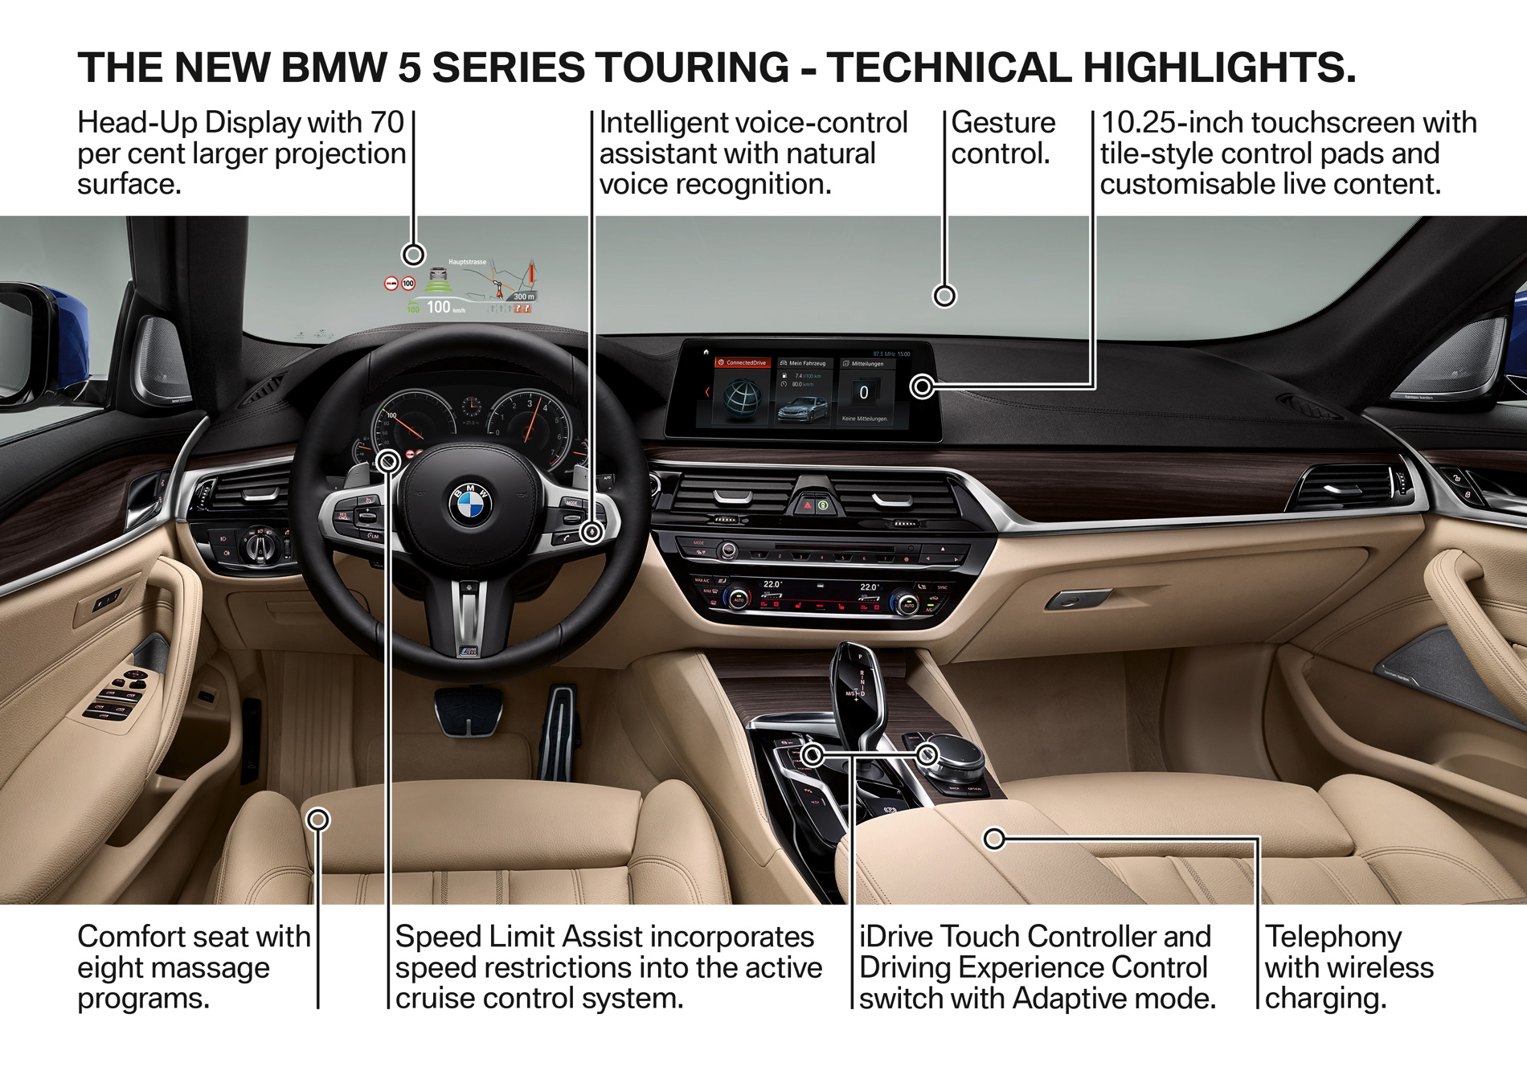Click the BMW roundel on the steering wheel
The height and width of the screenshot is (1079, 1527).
pos(470,505)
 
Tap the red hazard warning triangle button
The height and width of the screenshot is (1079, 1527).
pos(805,506)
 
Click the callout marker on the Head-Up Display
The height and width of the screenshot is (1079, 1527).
pos(413,255)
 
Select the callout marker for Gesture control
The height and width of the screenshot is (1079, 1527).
pos(944,296)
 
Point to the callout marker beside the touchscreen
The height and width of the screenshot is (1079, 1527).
pos(922,386)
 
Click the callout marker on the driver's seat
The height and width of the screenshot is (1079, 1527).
pos(318,819)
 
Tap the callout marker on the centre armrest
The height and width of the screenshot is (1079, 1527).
pos(994,839)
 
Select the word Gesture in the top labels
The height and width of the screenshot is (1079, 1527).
pos(1003,123)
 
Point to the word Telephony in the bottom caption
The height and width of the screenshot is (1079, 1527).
pos(1333,937)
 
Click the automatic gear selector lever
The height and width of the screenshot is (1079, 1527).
pos(859,679)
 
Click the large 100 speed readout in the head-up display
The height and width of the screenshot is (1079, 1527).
pos(438,307)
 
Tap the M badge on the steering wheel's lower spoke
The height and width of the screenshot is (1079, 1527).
pos(469,650)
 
